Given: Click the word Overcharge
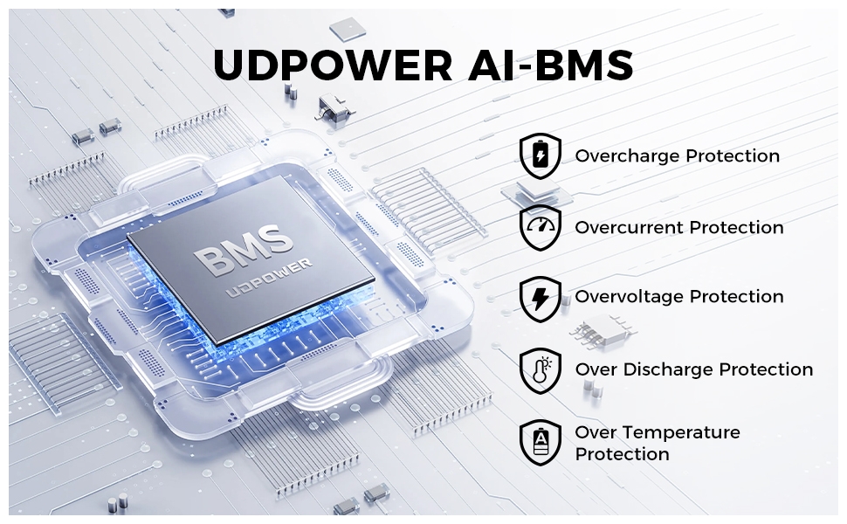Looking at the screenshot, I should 627,156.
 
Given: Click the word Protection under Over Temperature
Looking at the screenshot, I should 622,454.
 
